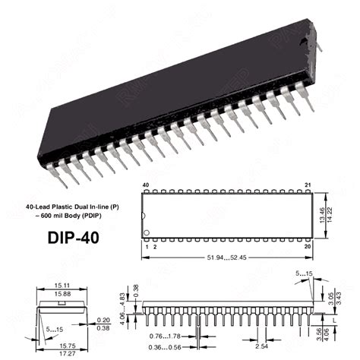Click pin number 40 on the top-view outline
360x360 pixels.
[145, 185]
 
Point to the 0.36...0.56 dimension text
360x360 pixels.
[164, 349]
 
